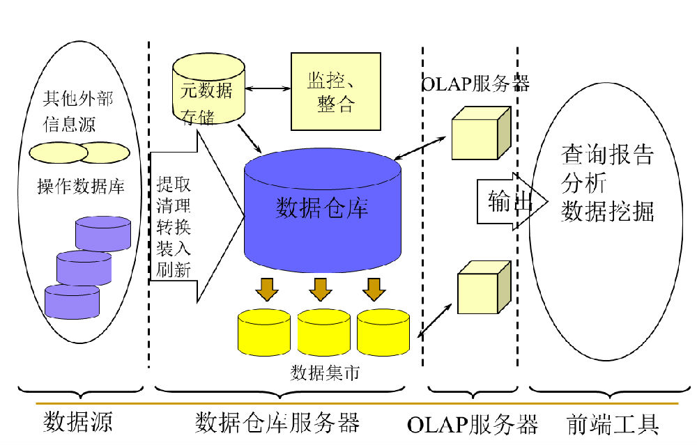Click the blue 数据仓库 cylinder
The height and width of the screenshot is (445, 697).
[322, 209]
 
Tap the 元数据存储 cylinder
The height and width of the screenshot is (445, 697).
[208, 91]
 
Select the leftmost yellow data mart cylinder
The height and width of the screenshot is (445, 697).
[264, 331]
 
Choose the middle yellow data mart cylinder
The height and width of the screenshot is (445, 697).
[323, 331]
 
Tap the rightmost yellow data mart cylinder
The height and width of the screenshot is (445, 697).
[383, 331]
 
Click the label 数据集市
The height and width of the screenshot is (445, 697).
[325, 373]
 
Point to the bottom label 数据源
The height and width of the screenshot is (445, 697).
[78, 422]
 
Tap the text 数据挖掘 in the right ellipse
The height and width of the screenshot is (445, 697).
[607, 211]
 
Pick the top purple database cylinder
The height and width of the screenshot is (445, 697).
[103, 233]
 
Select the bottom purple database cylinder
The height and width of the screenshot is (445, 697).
[72, 301]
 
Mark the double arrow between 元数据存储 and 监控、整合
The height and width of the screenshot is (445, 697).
[268, 88]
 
